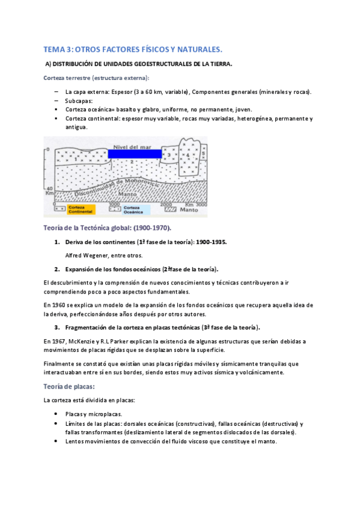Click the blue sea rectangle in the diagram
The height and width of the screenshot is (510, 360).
[135, 154]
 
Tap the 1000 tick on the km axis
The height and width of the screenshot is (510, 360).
[114, 204]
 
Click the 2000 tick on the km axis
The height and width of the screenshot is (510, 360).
[167, 204]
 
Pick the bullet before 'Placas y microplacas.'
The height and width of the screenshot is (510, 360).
[56, 414]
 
